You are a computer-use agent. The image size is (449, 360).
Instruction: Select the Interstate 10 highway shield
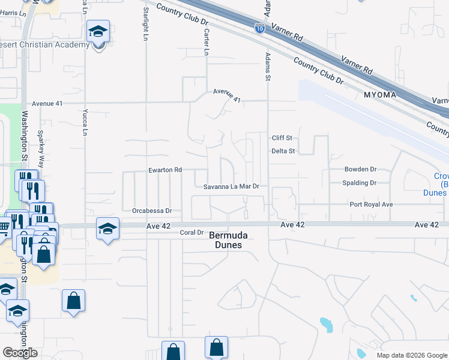[x=259, y=28]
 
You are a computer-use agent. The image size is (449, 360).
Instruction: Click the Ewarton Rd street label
[x=165, y=170]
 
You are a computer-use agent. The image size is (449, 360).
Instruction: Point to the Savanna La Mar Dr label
[x=231, y=187]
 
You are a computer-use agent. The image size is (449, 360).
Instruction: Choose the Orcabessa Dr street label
[x=152, y=211]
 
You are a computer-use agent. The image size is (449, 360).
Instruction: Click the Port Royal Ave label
[x=371, y=205]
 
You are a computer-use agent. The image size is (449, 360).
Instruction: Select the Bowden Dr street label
[x=360, y=169]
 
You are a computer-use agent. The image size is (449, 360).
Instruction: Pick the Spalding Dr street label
[x=359, y=183]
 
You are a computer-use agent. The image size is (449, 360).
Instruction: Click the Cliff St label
[x=282, y=137]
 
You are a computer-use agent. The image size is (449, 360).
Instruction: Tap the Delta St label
[x=283, y=151]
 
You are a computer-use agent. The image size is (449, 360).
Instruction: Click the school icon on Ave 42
[x=108, y=229]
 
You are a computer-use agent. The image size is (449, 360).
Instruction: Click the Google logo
[x=20, y=353]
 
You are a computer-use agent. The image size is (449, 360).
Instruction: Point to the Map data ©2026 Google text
[x=412, y=355]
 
